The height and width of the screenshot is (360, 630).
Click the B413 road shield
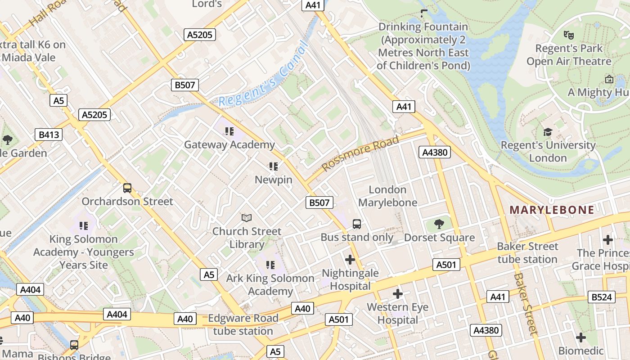(49, 135)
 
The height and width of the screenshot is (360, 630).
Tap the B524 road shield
(602, 297)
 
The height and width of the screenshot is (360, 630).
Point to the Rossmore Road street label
(361, 153)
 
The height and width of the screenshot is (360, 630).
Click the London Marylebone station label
(387, 196)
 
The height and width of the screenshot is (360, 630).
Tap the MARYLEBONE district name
(552, 210)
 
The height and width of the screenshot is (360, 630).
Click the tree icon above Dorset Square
(439, 224)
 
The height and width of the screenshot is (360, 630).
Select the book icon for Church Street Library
(246, 218)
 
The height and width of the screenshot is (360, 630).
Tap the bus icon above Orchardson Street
(127, 188)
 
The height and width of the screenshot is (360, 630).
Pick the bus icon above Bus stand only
(357, 224)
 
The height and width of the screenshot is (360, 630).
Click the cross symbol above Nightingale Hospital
(350, 260)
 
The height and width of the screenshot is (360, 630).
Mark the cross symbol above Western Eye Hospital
(398, 294)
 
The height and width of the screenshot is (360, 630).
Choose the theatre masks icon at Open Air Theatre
(569, 34)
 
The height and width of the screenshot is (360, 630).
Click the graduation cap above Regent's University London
(548, 132)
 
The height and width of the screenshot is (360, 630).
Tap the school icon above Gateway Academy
(229, 131)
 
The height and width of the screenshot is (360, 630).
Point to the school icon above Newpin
(273, 166)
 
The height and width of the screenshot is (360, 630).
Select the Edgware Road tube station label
(243, 324)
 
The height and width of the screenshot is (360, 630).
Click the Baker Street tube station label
(527, 253)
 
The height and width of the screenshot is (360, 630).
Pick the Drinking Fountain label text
(423, 46)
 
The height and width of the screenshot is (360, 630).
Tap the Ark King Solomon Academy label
(270, 284)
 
